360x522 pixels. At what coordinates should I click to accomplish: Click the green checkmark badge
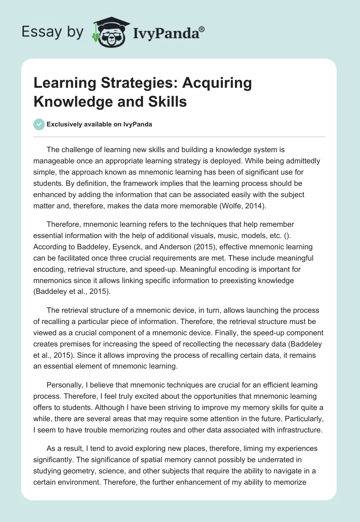[x=39, y=124]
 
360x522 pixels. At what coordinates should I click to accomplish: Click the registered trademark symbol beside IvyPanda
[x=202, y=29]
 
